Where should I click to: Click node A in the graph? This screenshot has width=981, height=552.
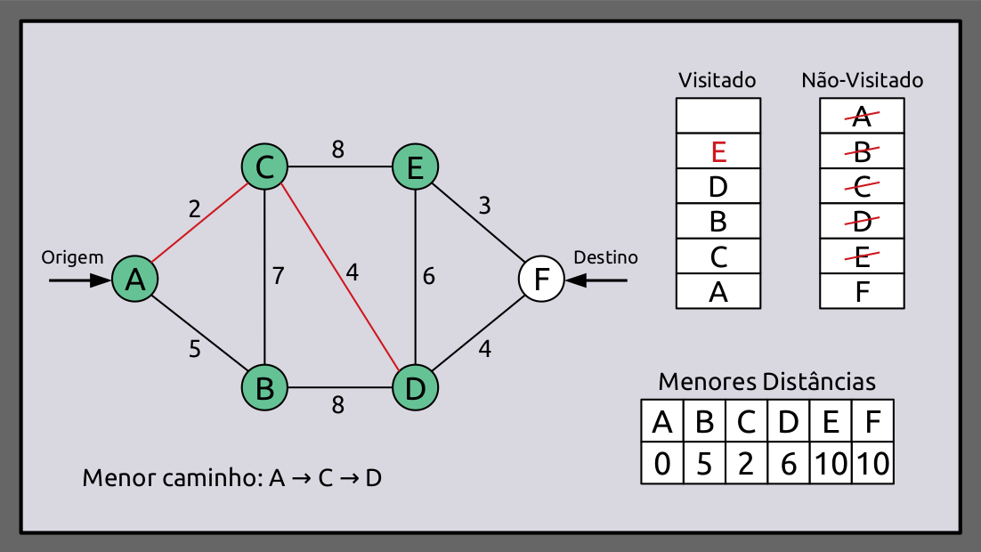(135, 280)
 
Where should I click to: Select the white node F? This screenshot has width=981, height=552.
(540, 280)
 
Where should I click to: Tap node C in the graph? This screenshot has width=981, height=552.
(264, 166)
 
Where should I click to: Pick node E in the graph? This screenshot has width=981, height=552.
(415, 166)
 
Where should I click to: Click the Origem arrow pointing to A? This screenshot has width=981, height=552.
(79, 280)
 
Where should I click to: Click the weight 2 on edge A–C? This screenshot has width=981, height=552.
(194, 209)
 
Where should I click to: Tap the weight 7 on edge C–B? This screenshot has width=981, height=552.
(279, 276)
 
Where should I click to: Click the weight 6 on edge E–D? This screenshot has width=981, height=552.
(429, 276)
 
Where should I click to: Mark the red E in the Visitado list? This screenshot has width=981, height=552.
(719, 151)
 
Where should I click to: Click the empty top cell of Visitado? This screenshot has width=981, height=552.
(719, 116)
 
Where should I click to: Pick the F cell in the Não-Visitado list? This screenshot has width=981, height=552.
(862, 291)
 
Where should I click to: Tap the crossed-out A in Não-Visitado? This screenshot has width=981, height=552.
(862, 116)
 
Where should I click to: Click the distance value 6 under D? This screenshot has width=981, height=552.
(788, 464)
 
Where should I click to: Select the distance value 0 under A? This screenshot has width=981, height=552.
(662, 464)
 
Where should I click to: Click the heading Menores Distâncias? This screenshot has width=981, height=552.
(766, 382)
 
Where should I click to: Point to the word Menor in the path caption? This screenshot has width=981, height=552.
(111, 477)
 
